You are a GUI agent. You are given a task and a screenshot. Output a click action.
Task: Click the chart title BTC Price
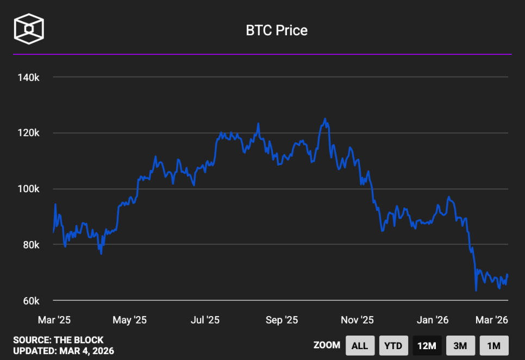[277, 30]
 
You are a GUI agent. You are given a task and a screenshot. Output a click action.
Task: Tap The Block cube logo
[29, 28]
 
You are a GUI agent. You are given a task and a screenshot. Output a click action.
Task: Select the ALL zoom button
[360, 345]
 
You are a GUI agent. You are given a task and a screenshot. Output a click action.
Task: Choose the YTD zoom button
[393, 345]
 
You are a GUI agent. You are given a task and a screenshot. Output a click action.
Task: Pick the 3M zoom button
[460, 345]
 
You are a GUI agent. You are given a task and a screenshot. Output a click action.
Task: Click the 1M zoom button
[493, 345]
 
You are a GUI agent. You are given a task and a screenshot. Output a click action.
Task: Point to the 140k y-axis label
[28, 78]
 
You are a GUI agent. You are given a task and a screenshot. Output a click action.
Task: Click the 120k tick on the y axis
[28, 133]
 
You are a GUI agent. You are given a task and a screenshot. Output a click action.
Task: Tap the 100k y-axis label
[28, 189]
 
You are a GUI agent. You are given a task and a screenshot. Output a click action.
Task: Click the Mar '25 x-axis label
[54, 320]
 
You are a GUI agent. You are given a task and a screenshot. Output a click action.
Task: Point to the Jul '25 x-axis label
[205, 320]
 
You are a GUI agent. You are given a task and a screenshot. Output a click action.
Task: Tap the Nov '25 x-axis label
[358, 320]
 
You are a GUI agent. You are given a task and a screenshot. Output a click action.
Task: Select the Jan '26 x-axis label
[433, 320]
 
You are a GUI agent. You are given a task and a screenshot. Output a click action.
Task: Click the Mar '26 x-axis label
[492, 320]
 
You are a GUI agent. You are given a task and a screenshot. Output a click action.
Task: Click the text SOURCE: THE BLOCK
[58, 340]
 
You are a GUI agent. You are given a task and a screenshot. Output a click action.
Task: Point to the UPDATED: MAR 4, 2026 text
[64, 351]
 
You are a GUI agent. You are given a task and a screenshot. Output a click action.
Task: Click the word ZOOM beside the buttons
[327, 345]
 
